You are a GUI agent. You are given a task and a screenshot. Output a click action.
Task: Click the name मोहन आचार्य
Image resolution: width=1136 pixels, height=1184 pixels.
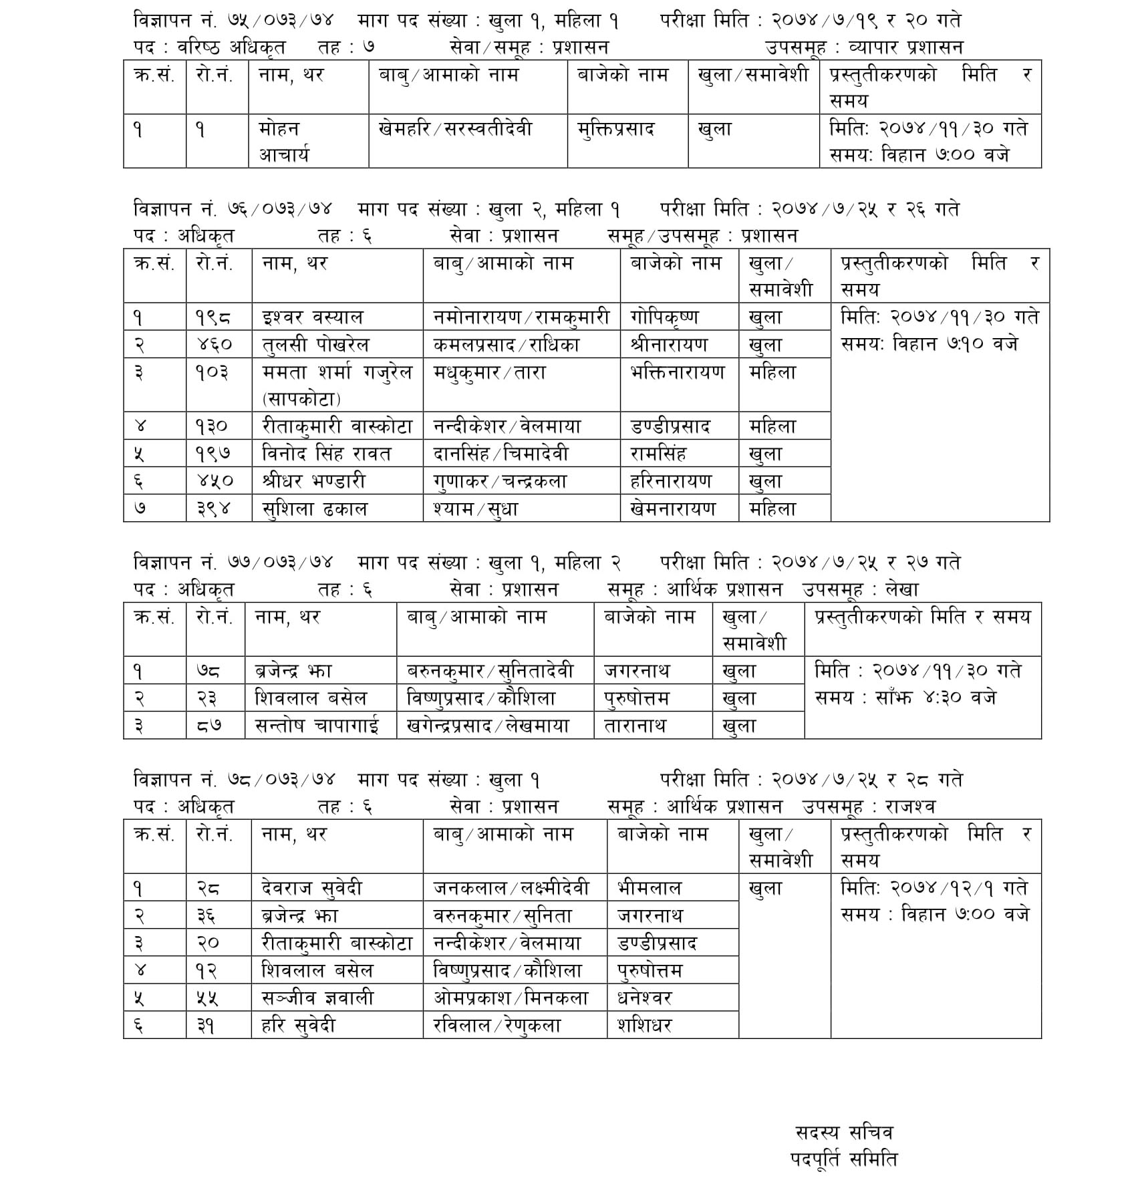click(x=284, y=142)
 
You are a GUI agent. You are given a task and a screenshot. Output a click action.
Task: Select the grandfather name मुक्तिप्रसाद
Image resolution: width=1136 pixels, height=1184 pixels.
click(x=615, y=128)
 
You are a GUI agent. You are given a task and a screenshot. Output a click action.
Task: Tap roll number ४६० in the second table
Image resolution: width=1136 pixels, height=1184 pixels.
click(x=215, y=345)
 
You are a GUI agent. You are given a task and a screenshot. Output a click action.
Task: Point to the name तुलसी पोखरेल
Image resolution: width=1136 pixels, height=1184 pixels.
click(x=315, y=345)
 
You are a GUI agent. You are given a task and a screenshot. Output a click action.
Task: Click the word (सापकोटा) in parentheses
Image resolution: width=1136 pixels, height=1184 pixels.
click(x=301, y=399)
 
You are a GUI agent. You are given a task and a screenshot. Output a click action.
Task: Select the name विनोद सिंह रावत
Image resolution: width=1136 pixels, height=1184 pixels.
click(x=327, y=454)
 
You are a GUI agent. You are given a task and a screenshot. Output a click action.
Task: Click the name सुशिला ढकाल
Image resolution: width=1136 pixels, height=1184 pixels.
click(x=315, y=508)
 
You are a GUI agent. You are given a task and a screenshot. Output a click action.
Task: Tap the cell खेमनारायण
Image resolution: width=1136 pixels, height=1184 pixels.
click(x=673, y=508)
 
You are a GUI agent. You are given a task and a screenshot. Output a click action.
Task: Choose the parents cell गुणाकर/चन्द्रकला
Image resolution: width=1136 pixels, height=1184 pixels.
click(x=500, y=481)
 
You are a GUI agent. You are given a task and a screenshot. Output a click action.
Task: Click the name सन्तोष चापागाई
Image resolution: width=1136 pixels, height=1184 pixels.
click(x=317, y=726)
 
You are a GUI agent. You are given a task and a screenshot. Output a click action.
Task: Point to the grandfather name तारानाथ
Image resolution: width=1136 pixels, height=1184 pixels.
click(x=635, y=726)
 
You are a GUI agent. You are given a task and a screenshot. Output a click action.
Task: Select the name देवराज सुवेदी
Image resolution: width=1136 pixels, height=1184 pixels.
click(x=312, y=888)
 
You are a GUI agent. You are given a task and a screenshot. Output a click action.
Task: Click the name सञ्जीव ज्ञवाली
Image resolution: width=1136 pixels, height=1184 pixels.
click(x=317, y=998)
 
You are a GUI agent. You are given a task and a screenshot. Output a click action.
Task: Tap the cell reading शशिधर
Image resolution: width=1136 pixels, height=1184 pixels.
click(x=645, y=1025)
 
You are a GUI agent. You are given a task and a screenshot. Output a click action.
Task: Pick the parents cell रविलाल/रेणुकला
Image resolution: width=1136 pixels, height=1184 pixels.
click(x=497, y=1025)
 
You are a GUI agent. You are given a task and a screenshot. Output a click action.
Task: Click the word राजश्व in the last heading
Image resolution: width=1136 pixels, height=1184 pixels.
click(x=911, y=806)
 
